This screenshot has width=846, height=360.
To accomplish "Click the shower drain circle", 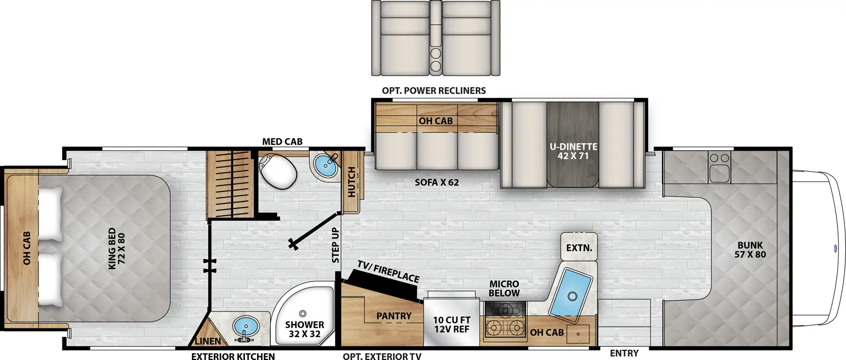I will (303, 314).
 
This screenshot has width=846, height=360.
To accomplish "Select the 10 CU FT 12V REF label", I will (452, 325).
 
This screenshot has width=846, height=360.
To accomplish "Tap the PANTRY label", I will (394, 316).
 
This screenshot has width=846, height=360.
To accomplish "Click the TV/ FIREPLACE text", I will (388, 271).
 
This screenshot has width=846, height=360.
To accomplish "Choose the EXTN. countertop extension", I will (579, 247).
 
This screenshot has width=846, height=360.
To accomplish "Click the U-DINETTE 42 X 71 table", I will (573, 151).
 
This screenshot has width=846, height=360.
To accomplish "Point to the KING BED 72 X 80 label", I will (117, 248).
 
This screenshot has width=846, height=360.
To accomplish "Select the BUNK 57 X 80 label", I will (750, 250).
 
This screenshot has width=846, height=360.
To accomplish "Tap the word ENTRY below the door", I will (624, 353).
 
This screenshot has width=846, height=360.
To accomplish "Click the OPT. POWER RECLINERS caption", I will (434, 91).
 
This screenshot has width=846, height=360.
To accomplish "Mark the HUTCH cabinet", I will (352, 182).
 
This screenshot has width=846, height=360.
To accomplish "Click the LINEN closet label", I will (208, 341).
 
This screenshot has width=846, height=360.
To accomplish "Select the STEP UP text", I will (335, 245).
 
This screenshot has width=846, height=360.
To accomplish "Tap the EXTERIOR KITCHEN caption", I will (233, 357).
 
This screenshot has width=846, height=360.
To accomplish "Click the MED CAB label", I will (282, 142).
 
